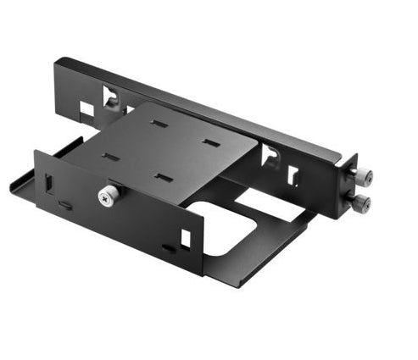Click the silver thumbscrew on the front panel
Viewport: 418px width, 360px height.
pos(105,197)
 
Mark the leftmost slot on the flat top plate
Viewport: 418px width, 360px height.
pos(110,156)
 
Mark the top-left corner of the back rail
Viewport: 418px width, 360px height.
pos(58,60)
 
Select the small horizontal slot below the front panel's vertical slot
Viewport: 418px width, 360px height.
pos(65,204)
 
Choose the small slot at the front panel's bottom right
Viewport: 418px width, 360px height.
pos(168,248)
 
